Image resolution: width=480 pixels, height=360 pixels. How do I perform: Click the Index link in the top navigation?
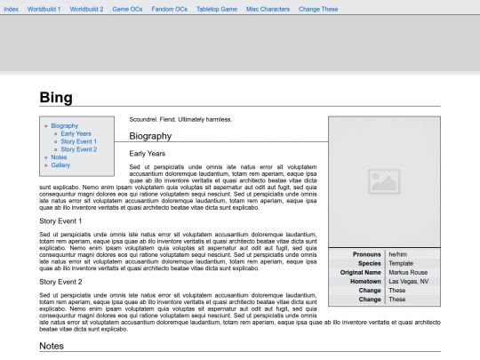coord(12,8)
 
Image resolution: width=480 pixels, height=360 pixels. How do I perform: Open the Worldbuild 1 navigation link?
coord(44,8)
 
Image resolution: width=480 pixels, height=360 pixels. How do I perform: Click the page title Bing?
coord(56,98)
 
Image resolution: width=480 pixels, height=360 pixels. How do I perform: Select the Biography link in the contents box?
coord(65,126)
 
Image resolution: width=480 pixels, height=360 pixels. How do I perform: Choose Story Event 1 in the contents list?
coord(78,141)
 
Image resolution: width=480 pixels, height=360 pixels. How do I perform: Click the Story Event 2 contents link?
coord(78,149)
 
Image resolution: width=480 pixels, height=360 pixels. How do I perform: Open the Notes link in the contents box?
coord(59,157)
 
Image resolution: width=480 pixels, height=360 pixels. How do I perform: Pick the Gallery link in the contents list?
coord(60,165)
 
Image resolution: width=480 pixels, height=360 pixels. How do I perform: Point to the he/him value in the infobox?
coord(397,255)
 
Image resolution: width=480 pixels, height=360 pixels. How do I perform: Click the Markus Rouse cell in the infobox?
coord(408,273)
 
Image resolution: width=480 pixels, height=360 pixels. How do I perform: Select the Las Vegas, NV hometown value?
coord(409,282)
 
